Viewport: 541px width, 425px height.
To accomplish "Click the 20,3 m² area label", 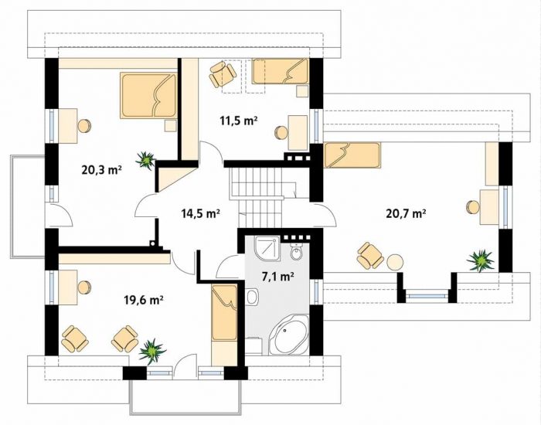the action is click(x=102, y=170).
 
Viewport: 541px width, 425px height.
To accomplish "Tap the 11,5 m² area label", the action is click(x=239, y=121).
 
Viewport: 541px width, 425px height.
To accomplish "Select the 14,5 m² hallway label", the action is click(x=201, y=213).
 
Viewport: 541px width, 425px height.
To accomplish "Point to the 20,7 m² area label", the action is click(x=406, y=213).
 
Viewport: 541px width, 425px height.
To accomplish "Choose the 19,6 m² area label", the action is click(x=144, y=300).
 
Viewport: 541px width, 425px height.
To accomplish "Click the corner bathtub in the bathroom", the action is click(x=288, y=335).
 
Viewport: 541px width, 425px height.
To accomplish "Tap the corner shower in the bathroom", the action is click(x=267, y=248).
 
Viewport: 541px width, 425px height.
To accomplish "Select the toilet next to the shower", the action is click(x=296, y=252).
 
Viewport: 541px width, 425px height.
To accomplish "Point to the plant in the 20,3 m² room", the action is click(x=145, y=161).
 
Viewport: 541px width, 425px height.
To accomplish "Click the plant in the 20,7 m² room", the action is click(x=480, y=260).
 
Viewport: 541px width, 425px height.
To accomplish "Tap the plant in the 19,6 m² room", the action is click(x=152, y=351).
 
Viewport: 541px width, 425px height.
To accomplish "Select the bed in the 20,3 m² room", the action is click(x=148, y=95).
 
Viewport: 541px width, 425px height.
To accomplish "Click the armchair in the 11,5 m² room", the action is click(x=223, y=74).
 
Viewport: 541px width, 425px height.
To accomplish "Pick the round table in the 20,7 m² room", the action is click(x=395, y=262).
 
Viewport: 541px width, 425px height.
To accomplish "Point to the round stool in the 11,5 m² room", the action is click(x=281, y=133).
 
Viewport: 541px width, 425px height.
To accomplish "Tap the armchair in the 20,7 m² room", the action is click(x=370, y=255).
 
